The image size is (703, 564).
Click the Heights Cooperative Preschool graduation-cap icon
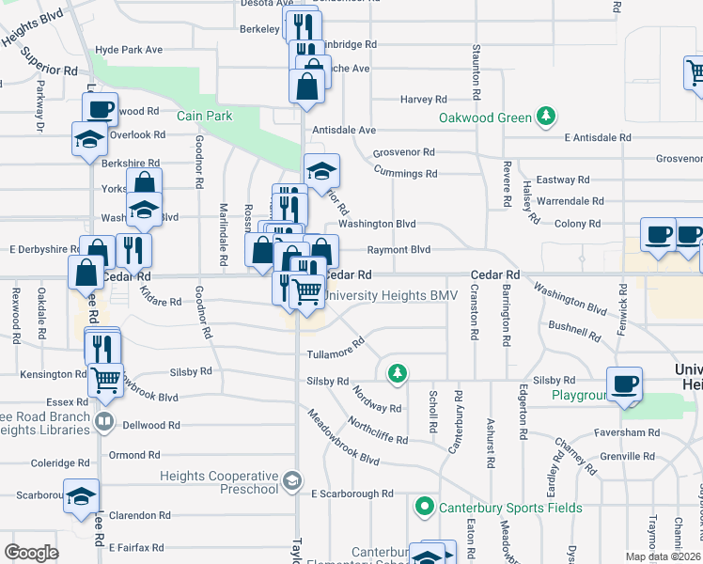pyautogui.click(x=292, y=482)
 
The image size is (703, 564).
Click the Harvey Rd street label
pyautogui.click(x=424, y=99)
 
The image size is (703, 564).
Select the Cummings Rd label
pyautogui.click(x=405, y=173)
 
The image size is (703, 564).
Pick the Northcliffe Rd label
pyautogui.click(x=378, y=428)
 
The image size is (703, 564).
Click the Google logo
pyautogui.click(x=30, y=552)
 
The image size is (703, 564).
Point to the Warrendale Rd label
pyautogui.click(x=570, y=201)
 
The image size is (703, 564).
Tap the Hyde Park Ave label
pyautogui.click(x=129, y=49)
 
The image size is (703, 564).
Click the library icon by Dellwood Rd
pyautogui.click(x=106, y=425)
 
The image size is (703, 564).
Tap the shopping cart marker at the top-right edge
pyautogui.click(x=695, y=71)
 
